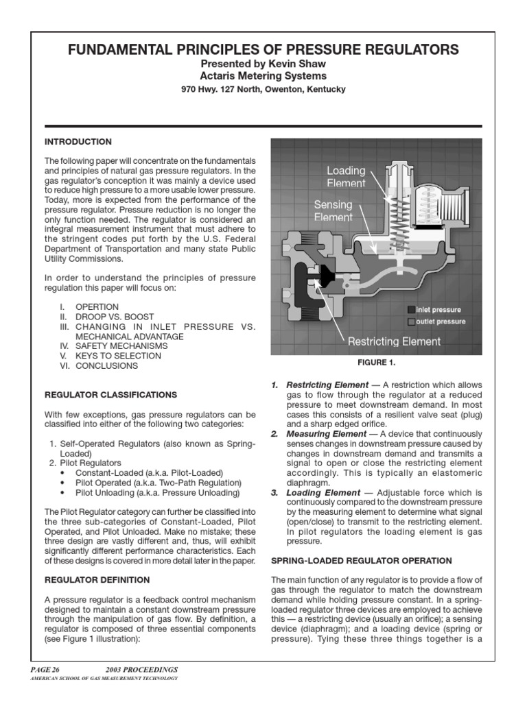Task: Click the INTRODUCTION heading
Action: pos(78,142)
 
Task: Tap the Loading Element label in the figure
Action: pos(346,177)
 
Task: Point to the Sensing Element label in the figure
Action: pos(333,210)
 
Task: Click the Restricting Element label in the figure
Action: pos(394,341)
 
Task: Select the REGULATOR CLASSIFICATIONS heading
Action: pos(110,395)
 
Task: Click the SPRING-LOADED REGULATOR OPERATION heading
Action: pos(362,561)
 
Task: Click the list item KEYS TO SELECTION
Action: pos(116,356)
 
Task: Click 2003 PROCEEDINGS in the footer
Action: pos(141,669)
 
